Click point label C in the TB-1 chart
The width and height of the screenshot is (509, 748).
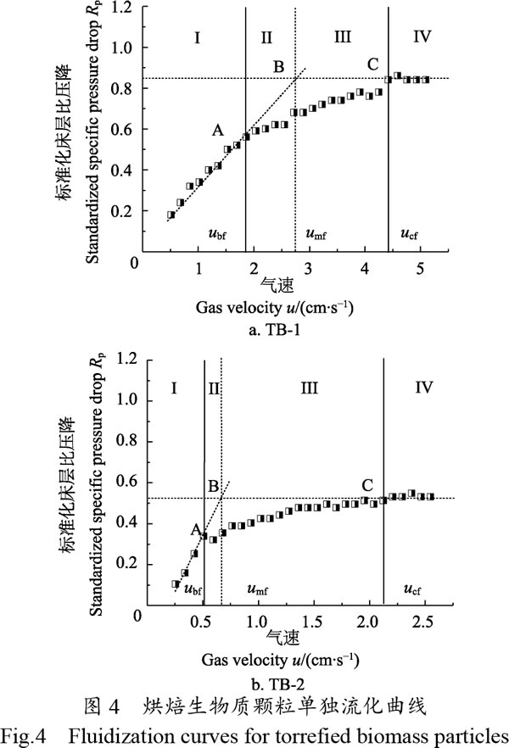point(373,64)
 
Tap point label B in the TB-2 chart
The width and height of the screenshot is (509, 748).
point(214,486)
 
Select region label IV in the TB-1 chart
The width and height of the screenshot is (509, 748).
point(422,36)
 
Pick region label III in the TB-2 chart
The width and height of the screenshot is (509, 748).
point(309,388)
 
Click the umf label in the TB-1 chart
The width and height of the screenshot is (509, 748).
point(316,234)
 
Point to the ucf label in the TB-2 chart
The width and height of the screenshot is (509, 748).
point(412,589)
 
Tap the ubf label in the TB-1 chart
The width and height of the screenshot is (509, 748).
point(217,234)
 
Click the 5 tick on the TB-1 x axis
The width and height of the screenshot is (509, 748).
point(420,268)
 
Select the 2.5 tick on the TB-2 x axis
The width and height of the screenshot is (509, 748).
point(422,622)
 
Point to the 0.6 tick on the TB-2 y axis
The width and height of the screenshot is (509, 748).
point(127,482)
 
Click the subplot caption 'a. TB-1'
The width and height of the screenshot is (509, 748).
point(274,330)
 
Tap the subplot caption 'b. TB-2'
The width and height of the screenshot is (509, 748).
point(277,685)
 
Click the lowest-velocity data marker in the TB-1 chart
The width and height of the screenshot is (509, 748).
point(171,215)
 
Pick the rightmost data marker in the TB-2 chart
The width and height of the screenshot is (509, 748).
point(430,497)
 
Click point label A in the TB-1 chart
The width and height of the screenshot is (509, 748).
point(217,130)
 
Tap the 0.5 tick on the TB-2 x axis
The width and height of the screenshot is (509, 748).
point(200,622)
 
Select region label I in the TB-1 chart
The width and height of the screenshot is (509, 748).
point(197,37)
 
